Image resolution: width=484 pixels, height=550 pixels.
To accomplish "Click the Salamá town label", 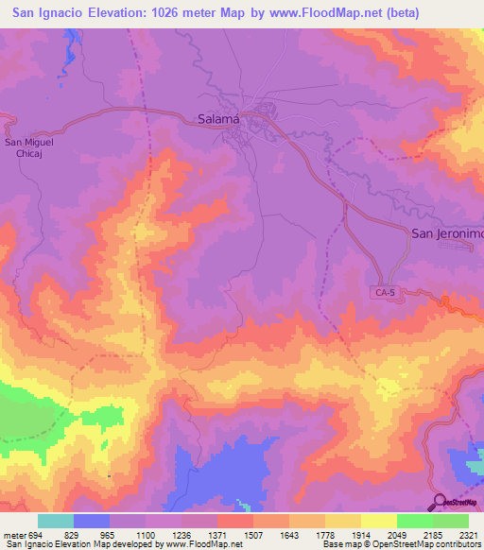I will [218, 119].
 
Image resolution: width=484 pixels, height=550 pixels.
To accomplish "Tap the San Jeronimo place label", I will [446, 233].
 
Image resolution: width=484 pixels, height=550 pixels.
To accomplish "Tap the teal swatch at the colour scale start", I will [56, 521].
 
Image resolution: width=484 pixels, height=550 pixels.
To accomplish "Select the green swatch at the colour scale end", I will [451, 521].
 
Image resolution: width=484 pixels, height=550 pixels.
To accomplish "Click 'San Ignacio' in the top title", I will [46, 12].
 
